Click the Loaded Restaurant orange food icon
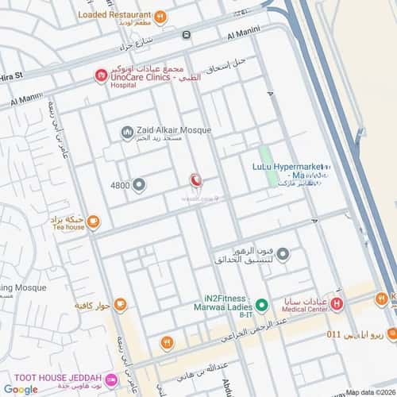click(x=160, y=15)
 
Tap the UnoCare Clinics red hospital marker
click(x=101, y=75)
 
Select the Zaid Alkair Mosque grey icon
click(x=126, y=133)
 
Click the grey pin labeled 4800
click(x=139, y=186)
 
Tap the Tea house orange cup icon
click(x=93, y=222)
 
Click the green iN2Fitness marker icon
click(x=261, y=305)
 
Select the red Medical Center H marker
click(x=337, y=303)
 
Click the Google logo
click(x=21, y=389)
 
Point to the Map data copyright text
click(x=370, y=391)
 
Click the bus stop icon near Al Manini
click(x=186, y=35)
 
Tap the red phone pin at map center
click(x=196, y=182)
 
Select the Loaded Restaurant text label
click(x=114, y=14)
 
